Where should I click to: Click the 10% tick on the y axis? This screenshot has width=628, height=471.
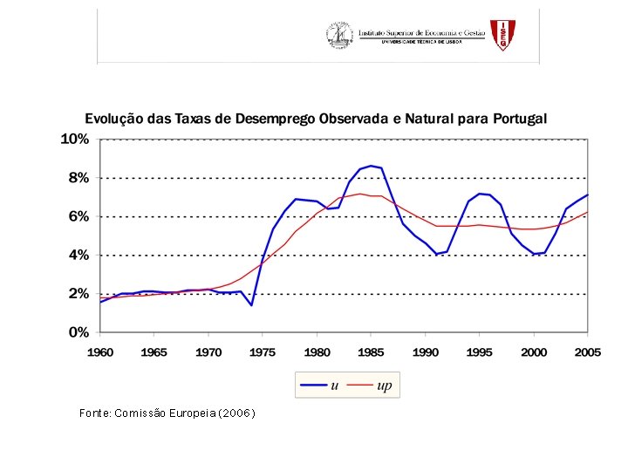(74, 140)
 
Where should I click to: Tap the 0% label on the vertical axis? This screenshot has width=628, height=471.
(78, 332)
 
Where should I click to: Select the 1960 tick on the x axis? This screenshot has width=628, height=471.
(100, 352)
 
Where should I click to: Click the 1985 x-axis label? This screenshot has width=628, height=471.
(371, 352)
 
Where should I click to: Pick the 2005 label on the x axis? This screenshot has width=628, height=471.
(588, 352)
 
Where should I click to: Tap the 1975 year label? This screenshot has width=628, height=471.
(263, 352)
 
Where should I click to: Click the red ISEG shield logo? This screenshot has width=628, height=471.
(502, 35)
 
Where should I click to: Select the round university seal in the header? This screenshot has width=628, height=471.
(338, 36)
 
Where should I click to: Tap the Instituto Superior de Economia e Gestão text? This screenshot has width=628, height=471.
(421, 32)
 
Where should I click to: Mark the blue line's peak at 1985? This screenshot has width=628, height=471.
(371, 166)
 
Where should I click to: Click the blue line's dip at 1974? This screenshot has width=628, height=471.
(251, 305)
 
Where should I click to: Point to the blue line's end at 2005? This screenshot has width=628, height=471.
(588, 195)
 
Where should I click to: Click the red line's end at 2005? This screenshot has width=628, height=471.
(588, 212)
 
